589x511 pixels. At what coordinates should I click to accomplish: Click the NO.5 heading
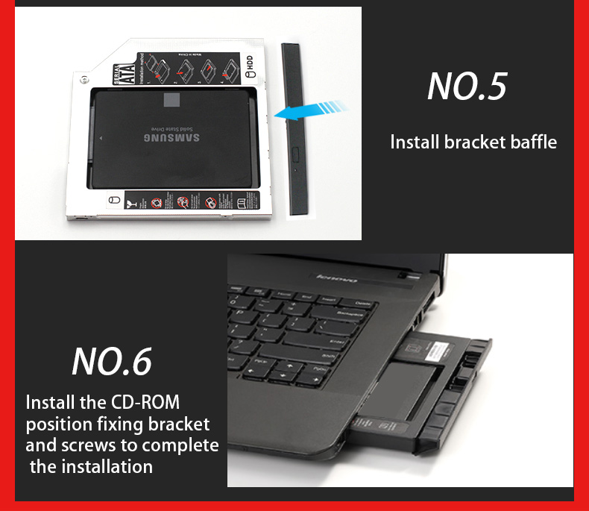coord(467,87)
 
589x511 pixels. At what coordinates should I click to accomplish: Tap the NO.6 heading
coord(112,361)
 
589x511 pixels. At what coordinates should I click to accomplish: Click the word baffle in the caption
coord(531,142)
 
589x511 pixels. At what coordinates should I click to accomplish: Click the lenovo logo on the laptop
coord(338,279)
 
